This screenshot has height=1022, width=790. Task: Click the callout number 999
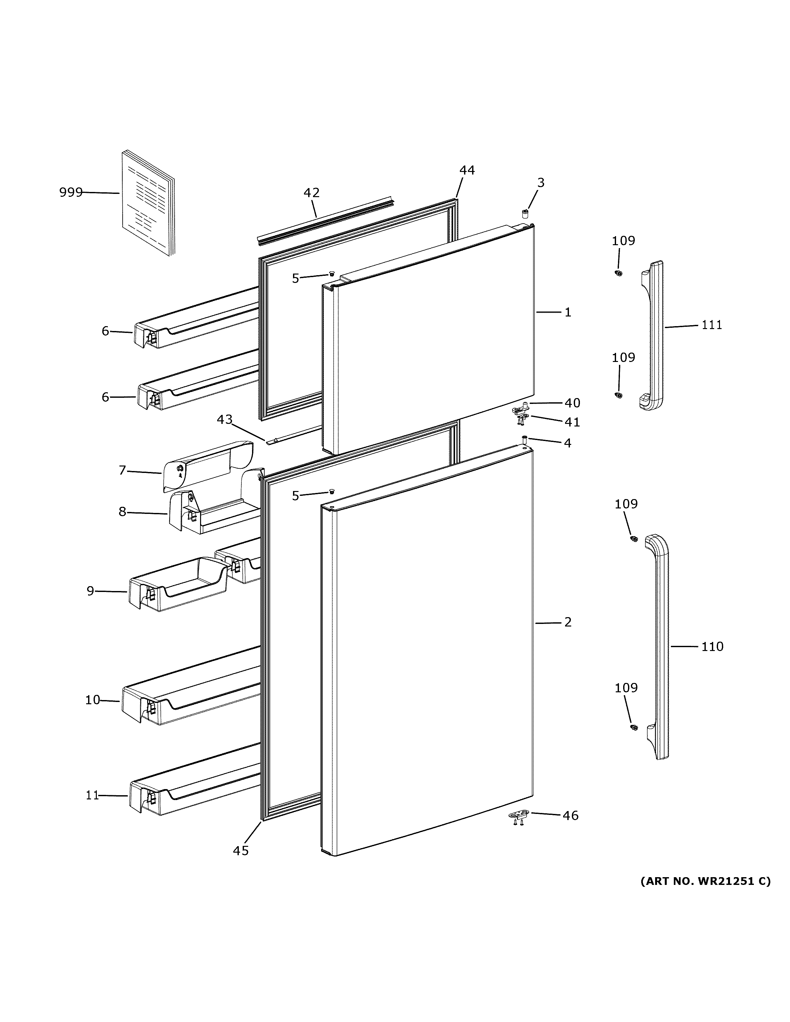pyautogui.click(x=71, y=192)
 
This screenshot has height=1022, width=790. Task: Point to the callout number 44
pyautogui.click(x=467, y=170)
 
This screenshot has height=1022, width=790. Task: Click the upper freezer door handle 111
pyautogui.click(x=652, y=336)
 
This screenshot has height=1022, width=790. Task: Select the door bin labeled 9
pyautogui.click(x=178, y=585)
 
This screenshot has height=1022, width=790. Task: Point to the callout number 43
pyautogui.click(x=224, y=419)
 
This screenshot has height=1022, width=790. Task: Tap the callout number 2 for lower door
pyautogui.click(x=568, y=622)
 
